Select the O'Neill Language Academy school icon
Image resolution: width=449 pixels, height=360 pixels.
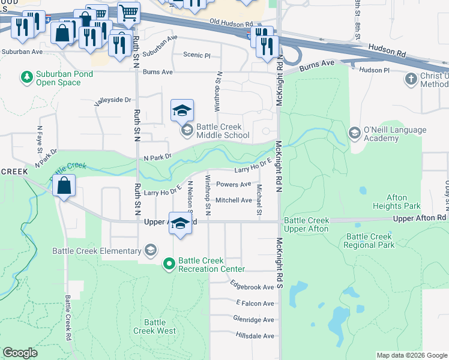pos(355,133)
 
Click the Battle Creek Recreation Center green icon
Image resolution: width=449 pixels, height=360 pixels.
pos(170,263)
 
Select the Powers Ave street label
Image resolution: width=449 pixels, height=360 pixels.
pos(234,185)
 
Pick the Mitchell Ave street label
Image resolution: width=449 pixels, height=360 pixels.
pos(234,200)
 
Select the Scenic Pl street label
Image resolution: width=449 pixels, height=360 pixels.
pos(197,55)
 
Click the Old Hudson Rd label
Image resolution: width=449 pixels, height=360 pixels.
pos(228,22)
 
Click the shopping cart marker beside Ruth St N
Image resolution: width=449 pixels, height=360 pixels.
pos(128,11)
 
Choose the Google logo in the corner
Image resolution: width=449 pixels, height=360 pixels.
pos(20,353)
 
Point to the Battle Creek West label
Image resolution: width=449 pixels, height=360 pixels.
pos(154,326)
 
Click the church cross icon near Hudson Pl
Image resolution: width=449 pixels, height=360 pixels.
pos(411,79)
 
